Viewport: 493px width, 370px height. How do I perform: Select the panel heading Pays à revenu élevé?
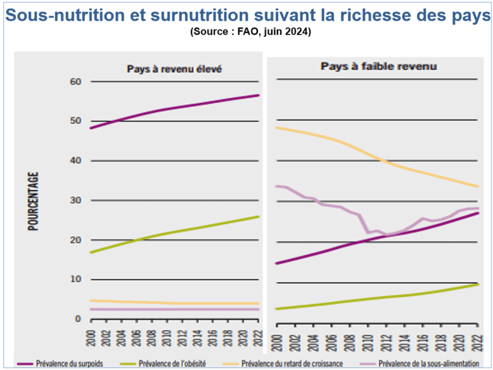[x=174, y=69]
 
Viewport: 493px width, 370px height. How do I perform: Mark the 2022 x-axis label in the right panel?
[x=478, y=333]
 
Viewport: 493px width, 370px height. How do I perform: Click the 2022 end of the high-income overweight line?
[x=259, y=95]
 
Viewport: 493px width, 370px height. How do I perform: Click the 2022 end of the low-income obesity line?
[x=478, y=284]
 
